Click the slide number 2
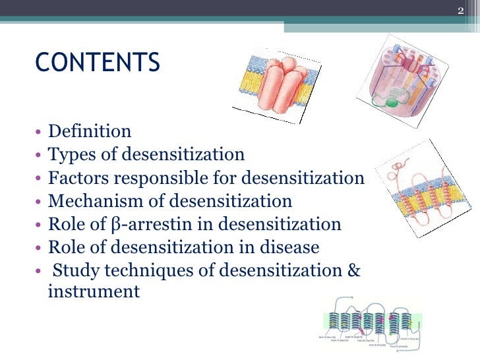click(x=462, y=9)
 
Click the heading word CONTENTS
click(x=97, y=63)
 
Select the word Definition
click(x=90, y=132)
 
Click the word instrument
click(x=94, y=291)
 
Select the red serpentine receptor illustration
click(x=429, y=191)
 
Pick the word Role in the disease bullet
click(x=66, y=247)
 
